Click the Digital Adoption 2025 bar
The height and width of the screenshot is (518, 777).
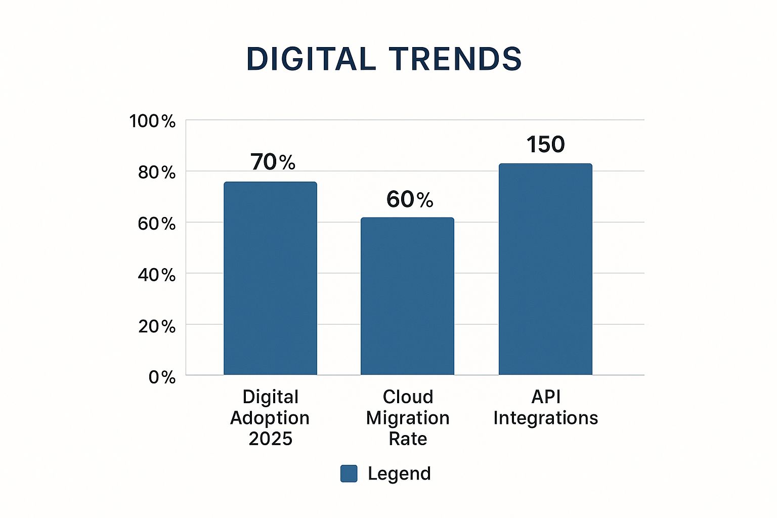coord(270,278)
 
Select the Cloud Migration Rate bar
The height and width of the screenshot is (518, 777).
coord(407,296)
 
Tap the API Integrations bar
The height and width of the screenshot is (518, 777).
coord(545,269)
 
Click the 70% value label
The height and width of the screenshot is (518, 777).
coord(273,162)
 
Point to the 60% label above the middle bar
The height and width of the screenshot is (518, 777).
coord(410,200)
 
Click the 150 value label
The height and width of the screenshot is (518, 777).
coord(545,145)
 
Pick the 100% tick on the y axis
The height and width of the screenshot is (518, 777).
coord(152,121)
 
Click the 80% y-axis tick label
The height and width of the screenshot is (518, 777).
coord(156,172)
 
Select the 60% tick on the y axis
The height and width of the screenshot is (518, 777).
coord(156,224)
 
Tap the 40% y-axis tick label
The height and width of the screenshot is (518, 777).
coord(156,275)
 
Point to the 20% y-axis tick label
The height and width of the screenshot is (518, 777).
coord(156,326)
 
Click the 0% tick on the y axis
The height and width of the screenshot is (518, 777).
coord(162,377)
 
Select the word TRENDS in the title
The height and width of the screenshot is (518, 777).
coord(455,59)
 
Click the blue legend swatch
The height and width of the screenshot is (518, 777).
coord(349,473)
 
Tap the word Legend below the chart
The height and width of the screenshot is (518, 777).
coord(399,473)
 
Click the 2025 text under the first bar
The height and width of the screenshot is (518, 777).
coord(270,439)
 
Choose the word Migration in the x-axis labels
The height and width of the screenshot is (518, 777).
coord(408,418)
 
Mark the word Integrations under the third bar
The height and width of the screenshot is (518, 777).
coord(545,418)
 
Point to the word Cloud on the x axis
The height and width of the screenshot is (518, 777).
coord(408,397)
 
